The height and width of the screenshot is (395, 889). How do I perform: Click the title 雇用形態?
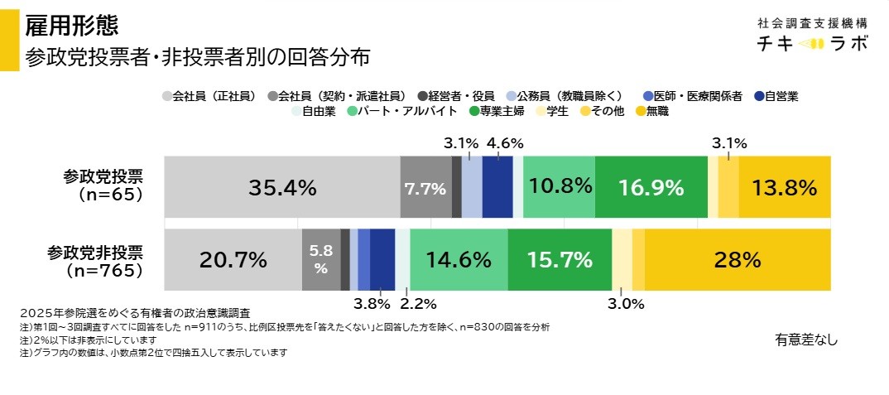71,25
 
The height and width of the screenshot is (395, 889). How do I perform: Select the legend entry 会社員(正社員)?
214,94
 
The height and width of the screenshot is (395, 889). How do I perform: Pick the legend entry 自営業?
781,94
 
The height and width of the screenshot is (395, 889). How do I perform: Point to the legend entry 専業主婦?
503,111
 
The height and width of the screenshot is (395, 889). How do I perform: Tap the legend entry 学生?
556,111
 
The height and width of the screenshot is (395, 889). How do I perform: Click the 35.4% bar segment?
281,187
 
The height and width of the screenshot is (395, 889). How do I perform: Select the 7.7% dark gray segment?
425,187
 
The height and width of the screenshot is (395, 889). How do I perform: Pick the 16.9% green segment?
651,187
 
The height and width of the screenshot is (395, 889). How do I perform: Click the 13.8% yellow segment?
784,187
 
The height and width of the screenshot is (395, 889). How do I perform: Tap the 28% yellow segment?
737,260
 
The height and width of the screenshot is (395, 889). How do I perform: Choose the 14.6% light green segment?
459,260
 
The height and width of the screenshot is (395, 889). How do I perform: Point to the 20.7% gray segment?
233,260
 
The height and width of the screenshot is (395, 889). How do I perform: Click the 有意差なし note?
806,339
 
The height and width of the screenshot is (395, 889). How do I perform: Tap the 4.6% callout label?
504,143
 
